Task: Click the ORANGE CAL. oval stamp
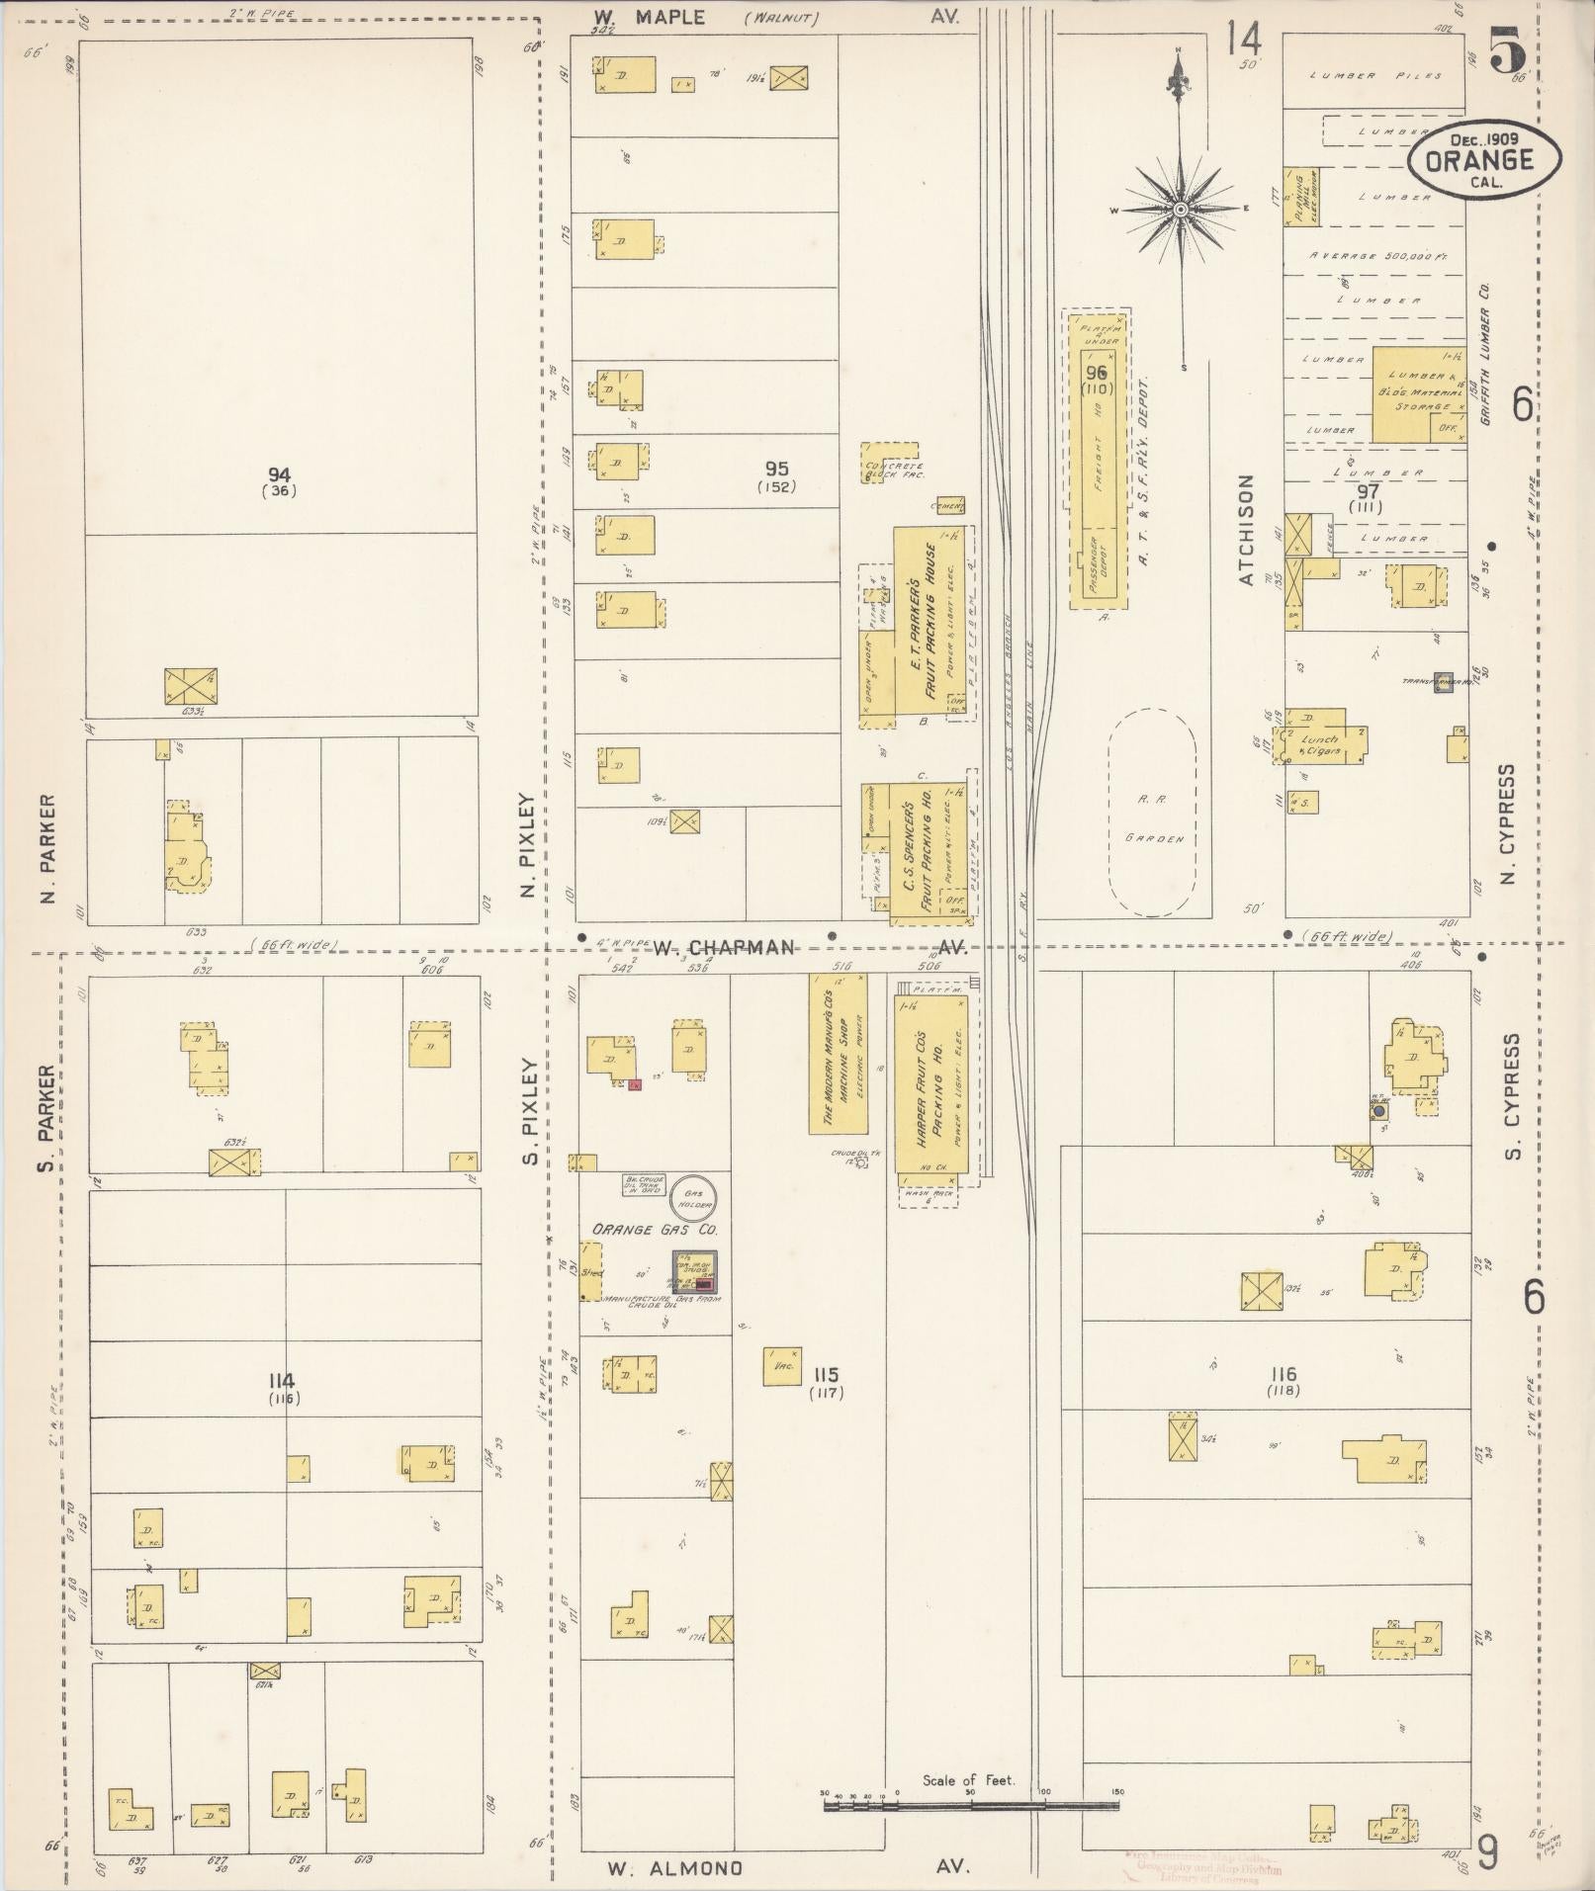pyautogui.click(x=1484, y=159)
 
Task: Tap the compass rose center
pyautogui.click(x=1181, y=211)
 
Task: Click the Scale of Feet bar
pyautogui.click(x=971, y=1804)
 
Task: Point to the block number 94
pyautogui.click(x=280, y=475)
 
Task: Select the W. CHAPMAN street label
pyautogui.click(x=724, y=947)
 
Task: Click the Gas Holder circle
pyautogui.click(x=692, y=1198)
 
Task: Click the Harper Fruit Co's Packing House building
pyautogui.click(x=928, y=1082)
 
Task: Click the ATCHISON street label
pyautogui.click(x=1246, y=530)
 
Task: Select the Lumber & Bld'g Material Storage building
pyautogui.click(x=1421, y=393)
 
